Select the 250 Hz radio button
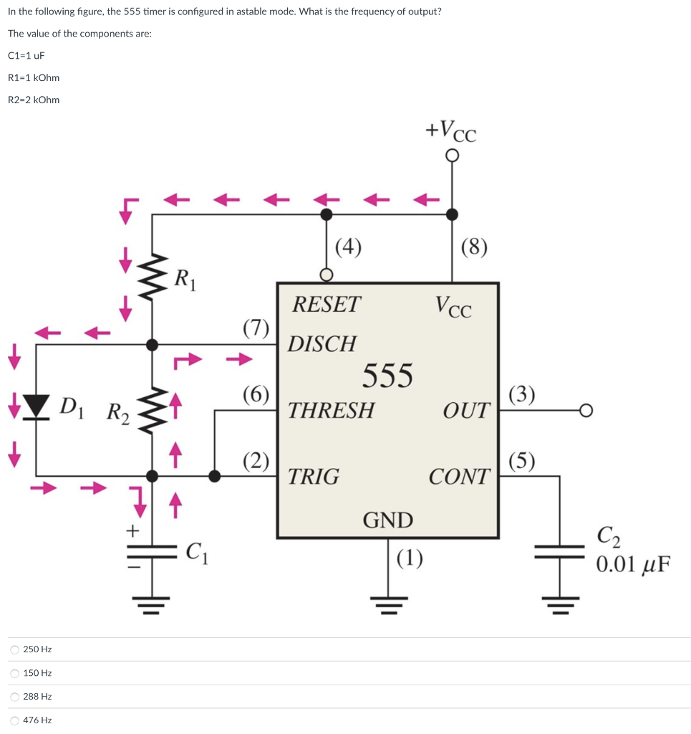tap(15, 649)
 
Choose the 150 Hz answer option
tap(15, 673)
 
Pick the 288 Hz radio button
tap(15, 697)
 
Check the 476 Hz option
tap(15, 720)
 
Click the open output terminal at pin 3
tap(586, 411)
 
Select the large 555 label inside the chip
tap(387, 375)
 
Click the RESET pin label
tap(327, 305)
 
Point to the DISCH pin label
tap(322, 344)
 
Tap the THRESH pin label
tap(330, 411)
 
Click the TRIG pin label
tap(313, 477)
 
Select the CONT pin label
tap(460, 477)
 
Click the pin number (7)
tap(256, 328)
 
